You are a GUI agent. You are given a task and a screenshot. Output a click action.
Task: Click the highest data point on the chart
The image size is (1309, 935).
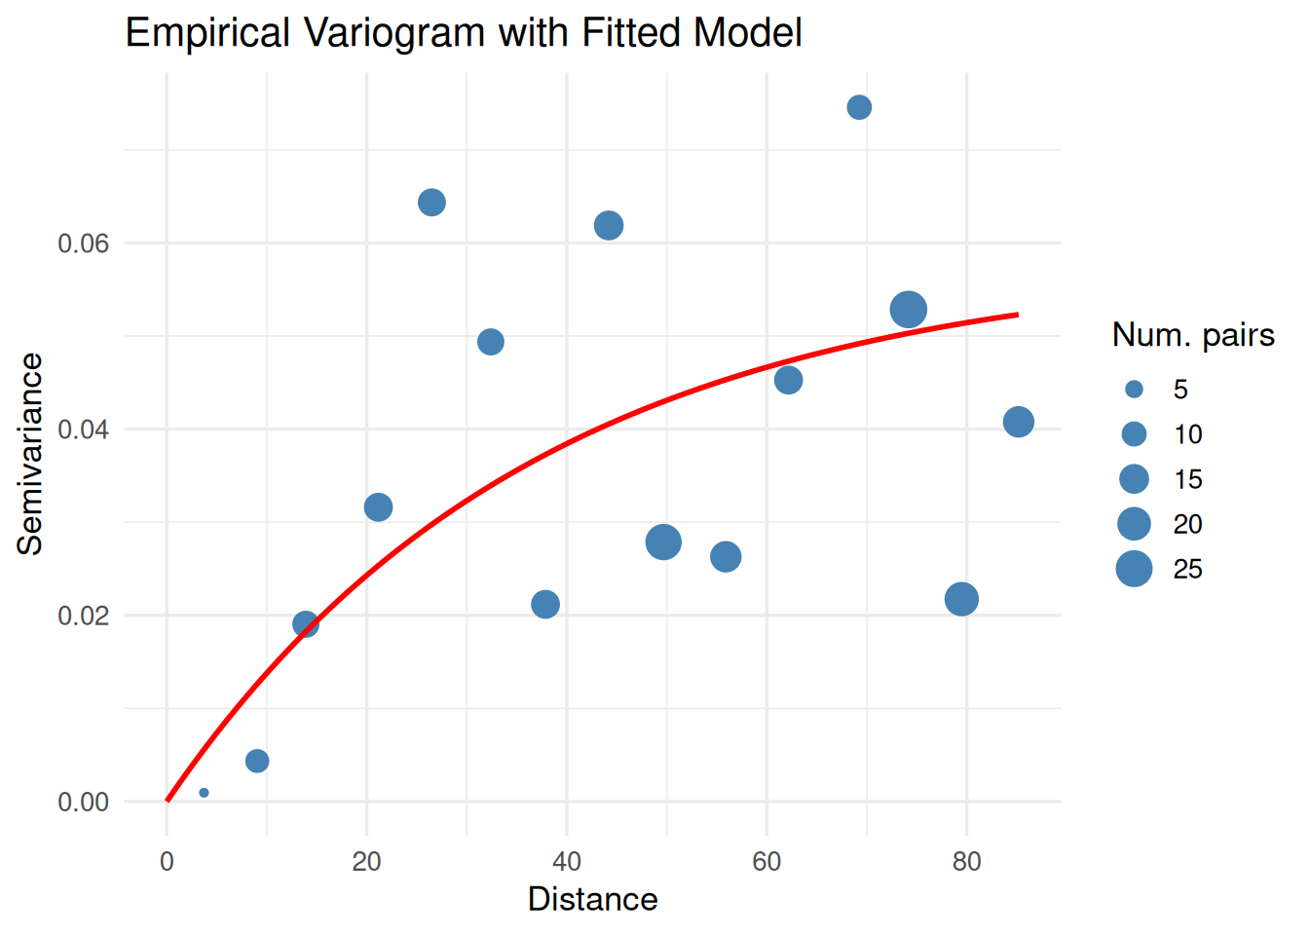click(859, 107)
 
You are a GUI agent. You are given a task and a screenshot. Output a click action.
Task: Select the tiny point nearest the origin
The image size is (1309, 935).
click(204, 793)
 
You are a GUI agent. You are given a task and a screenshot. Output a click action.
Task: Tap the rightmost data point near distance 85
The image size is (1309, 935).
click(1018, 422)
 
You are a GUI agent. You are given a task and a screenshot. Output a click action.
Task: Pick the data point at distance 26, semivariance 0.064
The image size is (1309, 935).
click(431, 203)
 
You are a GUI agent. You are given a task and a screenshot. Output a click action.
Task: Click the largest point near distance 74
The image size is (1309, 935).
click(908, 310)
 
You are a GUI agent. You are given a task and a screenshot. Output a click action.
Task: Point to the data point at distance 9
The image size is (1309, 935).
click(257, 761)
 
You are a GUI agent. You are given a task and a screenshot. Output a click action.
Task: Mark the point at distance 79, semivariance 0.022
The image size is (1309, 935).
click(961, 599)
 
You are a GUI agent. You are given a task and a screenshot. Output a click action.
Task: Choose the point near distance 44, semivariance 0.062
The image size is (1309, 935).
click(609, 226)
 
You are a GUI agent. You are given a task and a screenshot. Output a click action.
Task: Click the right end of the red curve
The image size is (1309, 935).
click(1017, 315)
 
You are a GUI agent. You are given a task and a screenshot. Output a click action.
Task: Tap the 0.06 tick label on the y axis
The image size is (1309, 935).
click(83, 243)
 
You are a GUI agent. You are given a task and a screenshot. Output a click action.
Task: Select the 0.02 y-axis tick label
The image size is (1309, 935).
click(83, 617)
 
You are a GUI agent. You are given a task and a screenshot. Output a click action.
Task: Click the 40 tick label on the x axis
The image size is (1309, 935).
click(567, 862)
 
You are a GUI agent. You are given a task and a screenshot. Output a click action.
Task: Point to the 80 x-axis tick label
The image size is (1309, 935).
click(967, 862)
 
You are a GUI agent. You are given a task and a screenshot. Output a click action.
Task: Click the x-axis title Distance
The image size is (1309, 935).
click(592, 899)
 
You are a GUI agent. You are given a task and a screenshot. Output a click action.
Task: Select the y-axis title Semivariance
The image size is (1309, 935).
click(30, 454)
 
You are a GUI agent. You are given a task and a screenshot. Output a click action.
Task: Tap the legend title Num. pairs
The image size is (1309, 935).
click(1193, 335)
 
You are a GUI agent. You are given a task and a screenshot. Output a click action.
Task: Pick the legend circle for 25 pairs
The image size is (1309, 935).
click(1134, 569)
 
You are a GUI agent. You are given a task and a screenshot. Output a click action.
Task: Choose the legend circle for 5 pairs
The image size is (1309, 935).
click(1134, 390)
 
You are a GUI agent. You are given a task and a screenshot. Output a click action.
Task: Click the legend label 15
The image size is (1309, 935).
click(1187, 479)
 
